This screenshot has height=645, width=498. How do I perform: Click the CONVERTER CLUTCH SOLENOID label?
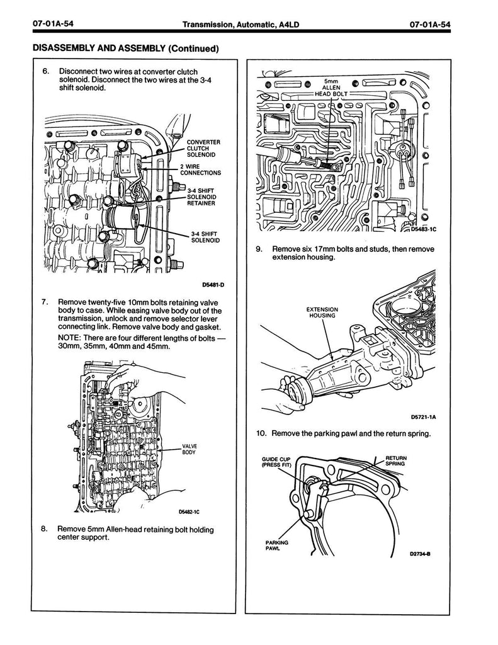pos(203,149)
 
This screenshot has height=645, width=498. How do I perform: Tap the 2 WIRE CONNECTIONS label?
pos(200,170)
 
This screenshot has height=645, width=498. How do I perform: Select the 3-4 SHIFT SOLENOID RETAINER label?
pos(201,197)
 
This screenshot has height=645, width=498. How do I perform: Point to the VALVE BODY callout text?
pos(189,449)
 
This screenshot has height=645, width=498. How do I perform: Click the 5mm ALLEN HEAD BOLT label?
pos(331,88)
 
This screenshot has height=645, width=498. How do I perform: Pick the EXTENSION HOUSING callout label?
pos(322,312)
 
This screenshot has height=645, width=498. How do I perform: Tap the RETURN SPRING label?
pos(395,460)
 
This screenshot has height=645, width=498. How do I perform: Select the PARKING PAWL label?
pos(277,545)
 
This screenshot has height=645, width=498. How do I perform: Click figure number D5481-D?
pos(213,285)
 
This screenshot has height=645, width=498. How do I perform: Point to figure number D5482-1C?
pos(189,512)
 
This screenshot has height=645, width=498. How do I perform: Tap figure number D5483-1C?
pos(424,229)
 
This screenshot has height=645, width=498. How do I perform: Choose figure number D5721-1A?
pos(424,417)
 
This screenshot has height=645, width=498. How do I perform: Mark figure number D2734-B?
pos(421,554)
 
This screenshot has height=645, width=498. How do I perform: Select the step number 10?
pos(261,433)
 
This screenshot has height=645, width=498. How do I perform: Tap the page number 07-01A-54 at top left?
pos(53,24)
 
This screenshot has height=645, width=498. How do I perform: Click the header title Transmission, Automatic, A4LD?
pos(241,25)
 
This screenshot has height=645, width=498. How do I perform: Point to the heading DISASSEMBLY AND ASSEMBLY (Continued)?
pos(125,49)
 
